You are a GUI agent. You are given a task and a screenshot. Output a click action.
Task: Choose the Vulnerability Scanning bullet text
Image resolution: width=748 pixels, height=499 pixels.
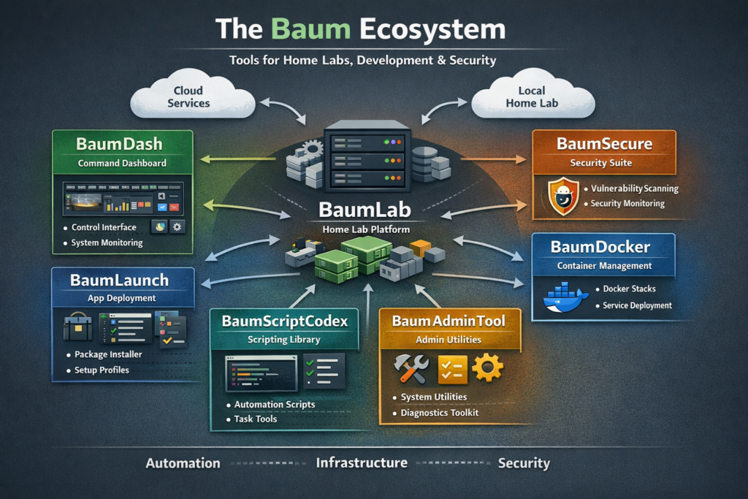[634, 188]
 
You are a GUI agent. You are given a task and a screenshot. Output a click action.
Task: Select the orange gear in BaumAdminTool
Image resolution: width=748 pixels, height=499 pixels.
[487, 367]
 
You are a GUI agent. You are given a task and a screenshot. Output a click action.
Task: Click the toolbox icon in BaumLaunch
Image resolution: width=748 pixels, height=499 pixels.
[77, 327]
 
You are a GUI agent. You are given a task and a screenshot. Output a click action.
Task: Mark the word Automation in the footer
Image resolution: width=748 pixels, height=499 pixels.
[183, 463]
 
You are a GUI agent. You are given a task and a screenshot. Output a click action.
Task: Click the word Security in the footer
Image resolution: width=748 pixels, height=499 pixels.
[524, 463]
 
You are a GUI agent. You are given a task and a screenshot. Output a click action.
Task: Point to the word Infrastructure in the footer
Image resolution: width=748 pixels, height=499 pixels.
[362, 463]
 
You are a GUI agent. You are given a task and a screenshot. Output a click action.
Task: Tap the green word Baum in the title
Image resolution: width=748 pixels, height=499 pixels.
[306, 30]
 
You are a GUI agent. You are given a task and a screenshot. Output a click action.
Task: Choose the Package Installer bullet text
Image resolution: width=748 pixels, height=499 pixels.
[107, 354]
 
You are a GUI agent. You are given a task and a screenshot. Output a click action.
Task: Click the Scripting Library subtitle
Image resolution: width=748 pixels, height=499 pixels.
[284, 340]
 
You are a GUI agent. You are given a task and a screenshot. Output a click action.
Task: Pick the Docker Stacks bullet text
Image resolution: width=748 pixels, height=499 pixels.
[629, 289]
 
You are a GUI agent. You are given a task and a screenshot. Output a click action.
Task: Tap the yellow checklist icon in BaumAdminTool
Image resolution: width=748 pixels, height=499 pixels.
[451, 369]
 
